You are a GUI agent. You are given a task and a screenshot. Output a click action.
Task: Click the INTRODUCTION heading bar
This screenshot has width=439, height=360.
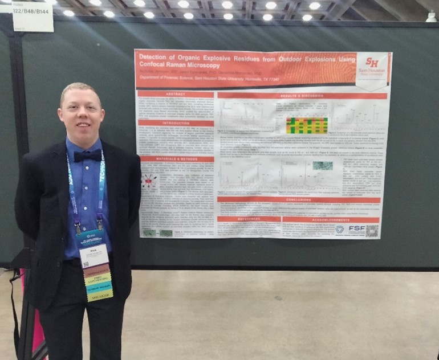(x=176, y=123)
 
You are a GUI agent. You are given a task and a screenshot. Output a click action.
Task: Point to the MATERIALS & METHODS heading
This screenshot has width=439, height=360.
(x=176, y=159)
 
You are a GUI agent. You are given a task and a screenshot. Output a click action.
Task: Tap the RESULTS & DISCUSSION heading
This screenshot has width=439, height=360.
(x=302, y=96)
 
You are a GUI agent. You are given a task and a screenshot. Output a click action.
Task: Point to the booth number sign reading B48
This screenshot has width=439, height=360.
(x=32, y=10)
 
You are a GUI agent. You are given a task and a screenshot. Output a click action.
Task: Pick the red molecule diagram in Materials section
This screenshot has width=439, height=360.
(x=148, y=182)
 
